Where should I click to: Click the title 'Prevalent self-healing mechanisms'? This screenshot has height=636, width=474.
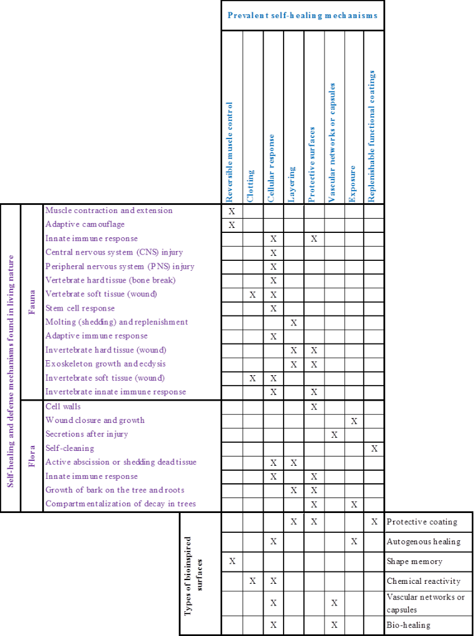pos(303,15)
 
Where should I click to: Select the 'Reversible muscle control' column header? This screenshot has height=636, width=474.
pos(230,152)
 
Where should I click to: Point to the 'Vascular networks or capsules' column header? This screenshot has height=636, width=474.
pos(333,142)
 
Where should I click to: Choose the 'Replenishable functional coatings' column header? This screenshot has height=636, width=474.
pos(372,136)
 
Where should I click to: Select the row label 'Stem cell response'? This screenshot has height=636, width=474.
pos(80,308)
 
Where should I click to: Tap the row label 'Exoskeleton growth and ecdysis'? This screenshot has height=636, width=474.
pos(105,364)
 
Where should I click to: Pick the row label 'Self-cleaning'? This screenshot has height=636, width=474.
pos(70,448)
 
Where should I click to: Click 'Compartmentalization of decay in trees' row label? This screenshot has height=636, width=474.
pos(120,504)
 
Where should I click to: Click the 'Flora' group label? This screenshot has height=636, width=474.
pos(32,455)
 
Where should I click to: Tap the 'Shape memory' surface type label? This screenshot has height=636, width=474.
pos(414,561)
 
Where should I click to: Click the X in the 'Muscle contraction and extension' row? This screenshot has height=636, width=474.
pos(232,211)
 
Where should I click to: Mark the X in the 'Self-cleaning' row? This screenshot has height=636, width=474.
pos(373,448)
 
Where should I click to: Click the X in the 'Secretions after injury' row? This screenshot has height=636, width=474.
pos(334,434)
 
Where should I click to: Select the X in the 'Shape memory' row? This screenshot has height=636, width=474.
pos(232,561)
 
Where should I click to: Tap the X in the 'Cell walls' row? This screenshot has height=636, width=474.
pos(314,407)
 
